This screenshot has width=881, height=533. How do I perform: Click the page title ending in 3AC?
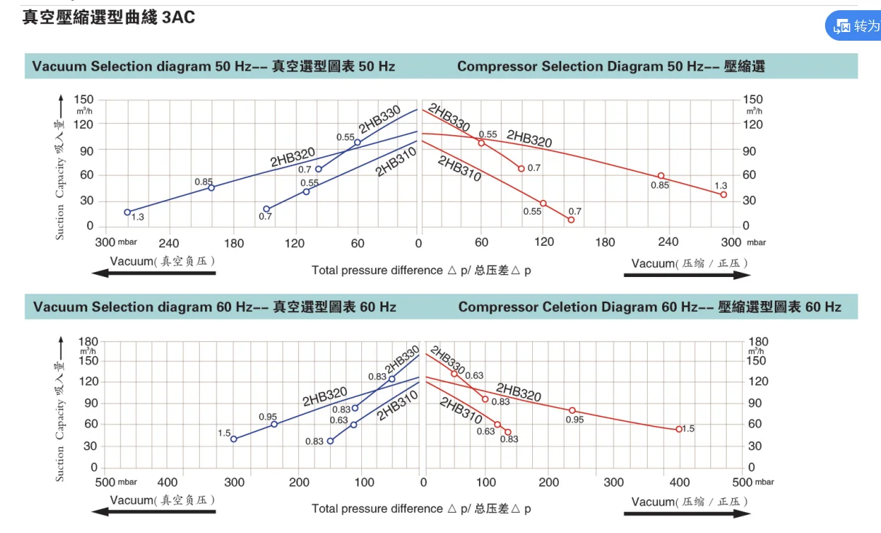109,17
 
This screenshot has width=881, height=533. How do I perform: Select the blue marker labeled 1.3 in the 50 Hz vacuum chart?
128,212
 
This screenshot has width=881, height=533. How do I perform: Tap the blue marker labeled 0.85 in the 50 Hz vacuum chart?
212,188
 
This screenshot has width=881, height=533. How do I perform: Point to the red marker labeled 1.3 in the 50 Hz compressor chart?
723,195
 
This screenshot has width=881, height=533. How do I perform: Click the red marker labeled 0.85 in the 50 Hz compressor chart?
661,176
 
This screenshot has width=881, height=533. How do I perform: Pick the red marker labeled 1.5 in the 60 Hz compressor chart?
679,429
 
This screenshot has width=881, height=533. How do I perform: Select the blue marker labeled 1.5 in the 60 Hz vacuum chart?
233,439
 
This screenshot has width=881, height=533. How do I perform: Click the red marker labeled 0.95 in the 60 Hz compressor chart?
572,411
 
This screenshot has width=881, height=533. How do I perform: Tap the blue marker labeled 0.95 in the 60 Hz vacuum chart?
274,424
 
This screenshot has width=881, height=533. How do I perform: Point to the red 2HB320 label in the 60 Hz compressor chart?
519,393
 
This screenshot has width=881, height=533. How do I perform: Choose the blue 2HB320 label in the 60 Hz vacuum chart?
325,397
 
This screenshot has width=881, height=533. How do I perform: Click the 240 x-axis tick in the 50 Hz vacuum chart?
169,243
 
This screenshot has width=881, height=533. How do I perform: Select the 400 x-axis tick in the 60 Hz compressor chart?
679,482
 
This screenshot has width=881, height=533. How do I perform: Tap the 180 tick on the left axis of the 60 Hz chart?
88,342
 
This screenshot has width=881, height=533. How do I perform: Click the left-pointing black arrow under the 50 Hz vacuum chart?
154,273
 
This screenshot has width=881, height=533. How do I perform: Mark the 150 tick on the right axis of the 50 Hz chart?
752,99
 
